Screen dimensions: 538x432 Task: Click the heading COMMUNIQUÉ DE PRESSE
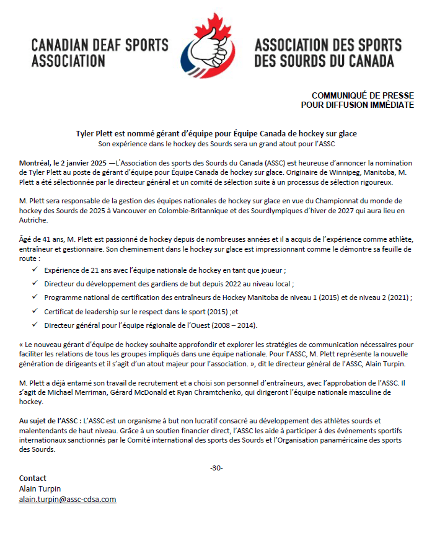[363, 95]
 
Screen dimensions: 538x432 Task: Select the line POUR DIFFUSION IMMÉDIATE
[357, 105]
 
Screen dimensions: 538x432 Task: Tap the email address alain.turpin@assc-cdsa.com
[68, 499]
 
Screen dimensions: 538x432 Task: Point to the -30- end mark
[216, 467]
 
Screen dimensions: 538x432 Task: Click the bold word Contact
[33, 478]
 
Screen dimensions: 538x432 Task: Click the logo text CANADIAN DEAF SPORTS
[99, 46]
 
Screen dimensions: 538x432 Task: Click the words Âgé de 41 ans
[42, 239]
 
